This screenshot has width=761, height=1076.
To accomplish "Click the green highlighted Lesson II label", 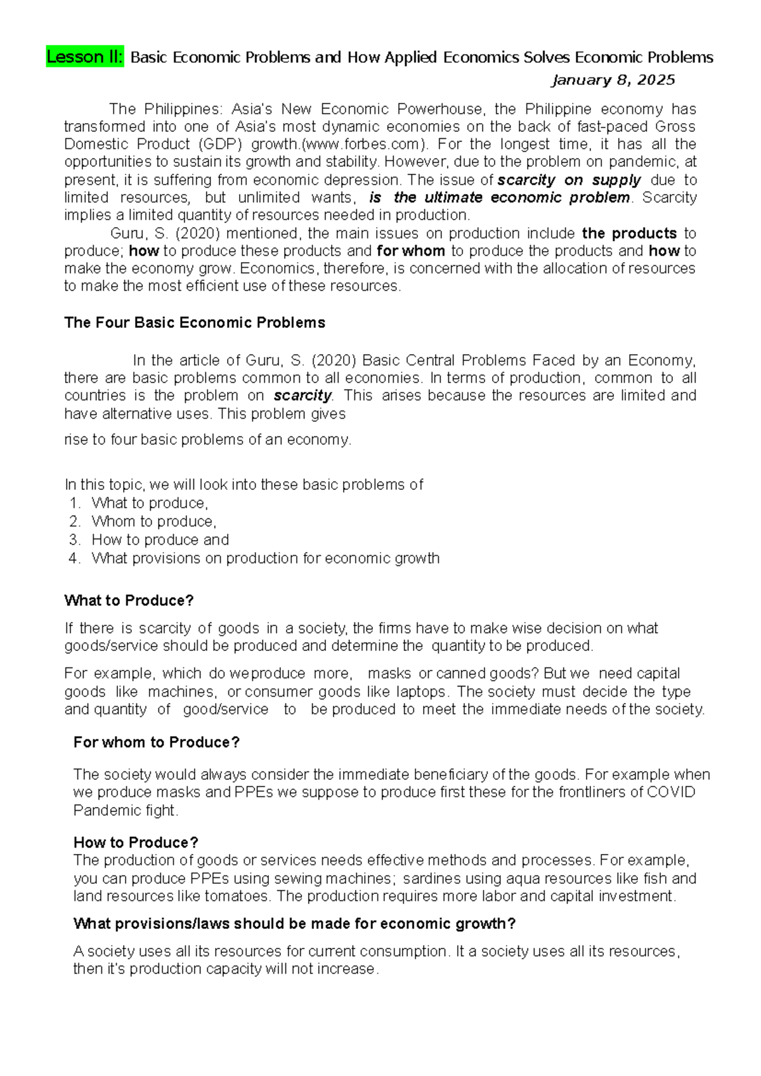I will pyautogui.click(x=85, y=57).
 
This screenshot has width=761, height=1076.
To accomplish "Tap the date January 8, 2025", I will pyautogui.click(x=613, y=80).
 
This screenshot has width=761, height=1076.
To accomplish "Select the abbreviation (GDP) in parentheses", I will pyautogui.click(x=216, y=144).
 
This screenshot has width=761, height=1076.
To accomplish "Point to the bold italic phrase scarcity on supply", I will pyautogui.click(x=569, y=180).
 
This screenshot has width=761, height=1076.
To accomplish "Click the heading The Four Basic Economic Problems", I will pyautogui.click(x=195, y=323).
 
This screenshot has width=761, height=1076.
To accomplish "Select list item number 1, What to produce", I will pyautogui.click(x=150, y=503).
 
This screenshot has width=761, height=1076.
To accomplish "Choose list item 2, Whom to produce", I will pyautogui.click(x=153, y=522).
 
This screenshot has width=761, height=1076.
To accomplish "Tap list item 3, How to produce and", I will pyautogui.click(x=160, y=540).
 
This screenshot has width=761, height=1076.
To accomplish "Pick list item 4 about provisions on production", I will pyautogui.click(x=265, y=558).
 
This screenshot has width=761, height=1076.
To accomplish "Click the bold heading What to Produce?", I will pyautogui.click(x=129, y=600).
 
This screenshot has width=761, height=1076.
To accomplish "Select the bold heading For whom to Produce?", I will pyautogui.click(x=157, y=742).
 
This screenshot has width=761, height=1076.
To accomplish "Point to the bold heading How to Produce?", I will pyautogui.click(x=136, y=843).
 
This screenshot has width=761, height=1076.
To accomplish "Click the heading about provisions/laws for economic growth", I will pyautogui.click(x=294, y=924).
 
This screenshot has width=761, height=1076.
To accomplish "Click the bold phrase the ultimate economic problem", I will pyautogui.click(x=511, y=198).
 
